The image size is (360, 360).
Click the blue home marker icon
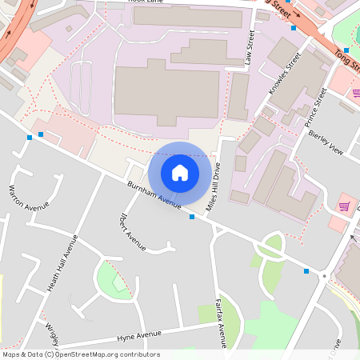point(180,172)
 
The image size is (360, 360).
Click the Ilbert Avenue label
point(132,231)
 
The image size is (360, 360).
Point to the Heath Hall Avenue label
point(61,263)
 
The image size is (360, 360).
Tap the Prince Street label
point(316,108)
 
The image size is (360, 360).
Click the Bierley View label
point(325,141)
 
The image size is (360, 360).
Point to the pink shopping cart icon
point(344,206)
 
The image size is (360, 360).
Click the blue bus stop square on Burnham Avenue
point(191,217)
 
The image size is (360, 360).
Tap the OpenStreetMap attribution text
point(80,354)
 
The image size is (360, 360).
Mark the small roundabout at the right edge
point(324,276)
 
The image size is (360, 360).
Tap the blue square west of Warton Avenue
point(30,138)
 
